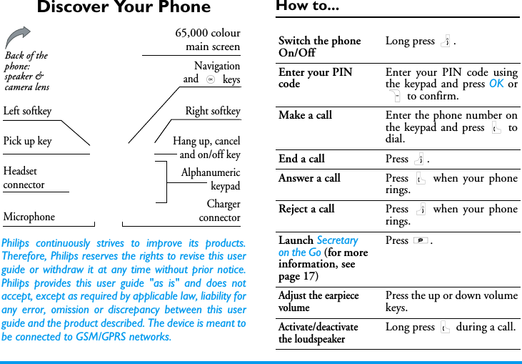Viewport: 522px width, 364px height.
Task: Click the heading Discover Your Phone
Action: tap(124, 8)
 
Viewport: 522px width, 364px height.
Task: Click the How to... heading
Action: tap(307, 6)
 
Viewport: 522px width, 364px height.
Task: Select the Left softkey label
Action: tap(27, 111)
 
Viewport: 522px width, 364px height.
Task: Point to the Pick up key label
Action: tap(27, 141)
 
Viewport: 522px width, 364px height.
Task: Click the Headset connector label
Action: tap(24, 178)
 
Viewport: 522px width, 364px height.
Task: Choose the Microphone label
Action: tap(29, 217)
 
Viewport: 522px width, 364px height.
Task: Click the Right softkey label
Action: tap(213, 111)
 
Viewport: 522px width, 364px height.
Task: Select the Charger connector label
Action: tap(219, 210)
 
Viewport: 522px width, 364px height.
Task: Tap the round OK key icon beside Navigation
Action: tap(211, 79)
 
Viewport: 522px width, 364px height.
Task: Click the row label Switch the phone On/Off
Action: tap(319, 46)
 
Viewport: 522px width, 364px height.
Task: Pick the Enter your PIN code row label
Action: tap(315, 78)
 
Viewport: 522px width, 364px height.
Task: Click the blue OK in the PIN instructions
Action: tap(496, 84)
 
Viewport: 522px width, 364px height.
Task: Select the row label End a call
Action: tap(301, 159)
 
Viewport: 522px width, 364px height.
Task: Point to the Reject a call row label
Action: tap(306, 209)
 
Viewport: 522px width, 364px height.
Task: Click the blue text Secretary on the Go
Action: tap(318, 246)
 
